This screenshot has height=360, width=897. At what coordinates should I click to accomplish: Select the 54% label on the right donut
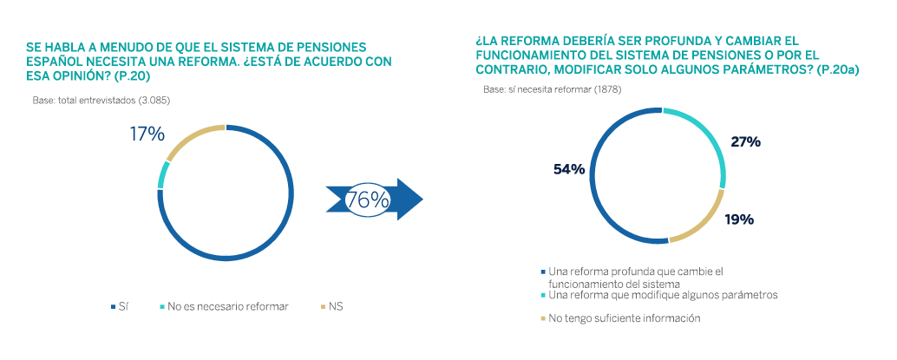(569, 168)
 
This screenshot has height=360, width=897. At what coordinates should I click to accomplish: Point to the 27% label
(745, 141)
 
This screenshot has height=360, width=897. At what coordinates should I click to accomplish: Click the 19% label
(739, 219)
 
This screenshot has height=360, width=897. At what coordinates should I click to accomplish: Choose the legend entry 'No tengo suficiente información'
(624, 318)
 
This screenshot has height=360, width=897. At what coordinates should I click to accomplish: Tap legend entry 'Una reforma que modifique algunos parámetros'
(663, 295)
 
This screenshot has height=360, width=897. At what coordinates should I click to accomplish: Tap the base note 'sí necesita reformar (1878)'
(552, 89)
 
